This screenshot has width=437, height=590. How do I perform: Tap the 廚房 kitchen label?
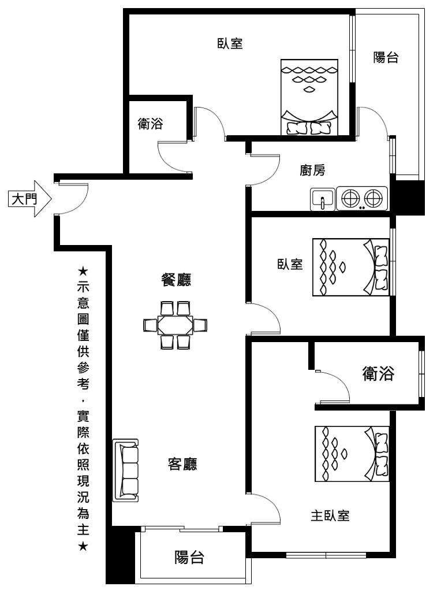[312, 170]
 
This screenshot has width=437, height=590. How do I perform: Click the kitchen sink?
[322, 199]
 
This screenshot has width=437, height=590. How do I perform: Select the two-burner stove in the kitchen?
[362, 198]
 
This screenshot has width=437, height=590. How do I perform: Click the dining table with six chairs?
[175, 325]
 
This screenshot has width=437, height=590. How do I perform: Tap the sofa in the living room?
[125, 470]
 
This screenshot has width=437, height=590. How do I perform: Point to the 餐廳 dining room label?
[176, 280]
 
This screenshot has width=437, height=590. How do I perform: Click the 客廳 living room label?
[182, 464]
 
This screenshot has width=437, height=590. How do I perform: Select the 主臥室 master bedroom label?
[330, 515]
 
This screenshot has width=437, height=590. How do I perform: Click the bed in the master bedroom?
[352, 454]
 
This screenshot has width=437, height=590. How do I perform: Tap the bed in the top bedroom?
[309, 97]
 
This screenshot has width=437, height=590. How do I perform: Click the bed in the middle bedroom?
[351, 267]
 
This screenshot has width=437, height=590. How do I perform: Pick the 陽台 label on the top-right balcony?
[386, 58]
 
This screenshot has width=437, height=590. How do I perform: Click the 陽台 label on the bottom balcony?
[189, 557]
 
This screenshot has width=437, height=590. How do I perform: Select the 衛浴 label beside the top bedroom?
[150, 124]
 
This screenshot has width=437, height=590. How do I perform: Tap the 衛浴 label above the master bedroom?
[378, 374]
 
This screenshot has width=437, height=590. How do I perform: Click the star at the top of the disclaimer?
[83, 271]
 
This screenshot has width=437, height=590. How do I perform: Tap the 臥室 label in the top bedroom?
[230, 43]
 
